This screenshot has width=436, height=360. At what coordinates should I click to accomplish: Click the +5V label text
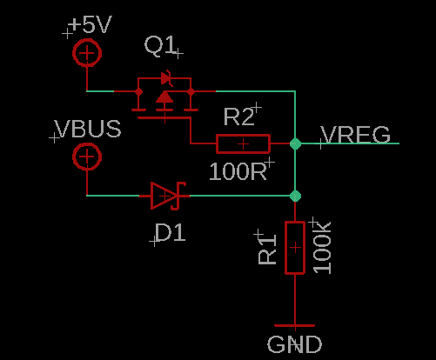tap(91, 24)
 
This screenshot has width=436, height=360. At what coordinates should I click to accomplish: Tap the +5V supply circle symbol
tap(87, 53)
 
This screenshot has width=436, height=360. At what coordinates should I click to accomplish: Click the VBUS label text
tap(88, 129)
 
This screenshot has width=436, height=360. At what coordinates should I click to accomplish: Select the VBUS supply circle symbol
tap(87, 157)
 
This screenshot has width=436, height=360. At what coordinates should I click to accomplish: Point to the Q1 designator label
tap(160, 45)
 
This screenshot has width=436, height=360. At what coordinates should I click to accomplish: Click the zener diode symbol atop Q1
tap(166, 78)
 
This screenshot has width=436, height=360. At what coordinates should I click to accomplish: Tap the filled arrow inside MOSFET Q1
tap(164, 97)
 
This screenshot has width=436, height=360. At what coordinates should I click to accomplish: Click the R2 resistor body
tap(243, 143)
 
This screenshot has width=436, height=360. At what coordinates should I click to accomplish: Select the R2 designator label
tap(239, 117)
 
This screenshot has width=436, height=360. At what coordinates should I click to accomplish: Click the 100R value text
tap(238, 171)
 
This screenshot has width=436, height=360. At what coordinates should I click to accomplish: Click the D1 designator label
tap(171, 232)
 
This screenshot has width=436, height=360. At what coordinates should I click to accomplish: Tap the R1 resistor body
tap(295, 248)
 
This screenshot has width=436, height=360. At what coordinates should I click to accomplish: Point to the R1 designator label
tap(267, 249)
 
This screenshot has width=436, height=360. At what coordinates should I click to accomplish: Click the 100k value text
tap(322, 248)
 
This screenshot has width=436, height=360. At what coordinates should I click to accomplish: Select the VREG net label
tap(356, 135)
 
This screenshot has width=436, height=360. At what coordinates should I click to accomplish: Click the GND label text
tap(294, 344)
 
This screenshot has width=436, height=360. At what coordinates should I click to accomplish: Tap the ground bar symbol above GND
tap(295, 325)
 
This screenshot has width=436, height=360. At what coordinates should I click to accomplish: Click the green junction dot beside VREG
tap(295, 143)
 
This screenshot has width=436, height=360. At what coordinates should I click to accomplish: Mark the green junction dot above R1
tap(295, 196)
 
